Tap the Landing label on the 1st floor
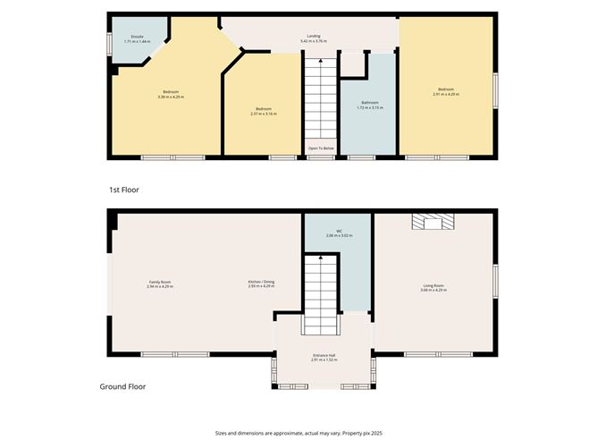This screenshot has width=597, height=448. [x=314, y=38]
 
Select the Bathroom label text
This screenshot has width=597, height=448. [x=371, y=106]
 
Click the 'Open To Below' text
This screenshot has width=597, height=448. [x=321, y=148]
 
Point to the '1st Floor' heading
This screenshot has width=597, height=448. [x=124, y=190]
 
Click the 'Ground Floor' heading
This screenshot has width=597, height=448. [x=122, y=387]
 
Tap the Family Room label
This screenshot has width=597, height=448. [x=159, y=284]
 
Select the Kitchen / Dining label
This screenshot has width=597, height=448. [x=261, y=284]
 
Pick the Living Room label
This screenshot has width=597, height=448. [x=433, y=287]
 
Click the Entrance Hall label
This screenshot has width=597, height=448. [x=324, y=358]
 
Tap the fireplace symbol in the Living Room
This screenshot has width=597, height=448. [x=433, y=222]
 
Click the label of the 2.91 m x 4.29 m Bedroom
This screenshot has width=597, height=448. [x=446, y=91]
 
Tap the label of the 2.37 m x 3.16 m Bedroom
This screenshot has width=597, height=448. [x=262, y=111]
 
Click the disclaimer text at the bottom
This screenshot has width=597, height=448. [x=298, y=432]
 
